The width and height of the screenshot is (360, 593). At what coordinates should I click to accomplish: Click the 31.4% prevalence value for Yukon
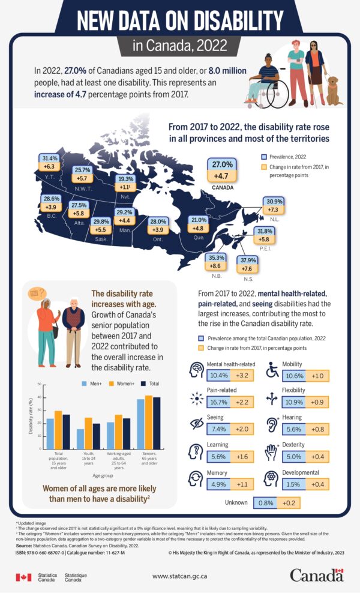[x=50, y=158]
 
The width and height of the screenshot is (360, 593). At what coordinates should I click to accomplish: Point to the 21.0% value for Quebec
[x=199, y=220]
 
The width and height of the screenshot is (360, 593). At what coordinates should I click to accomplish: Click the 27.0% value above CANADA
[x=223, y=165]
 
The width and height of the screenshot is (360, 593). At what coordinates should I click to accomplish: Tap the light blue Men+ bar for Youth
[x=80, y=439]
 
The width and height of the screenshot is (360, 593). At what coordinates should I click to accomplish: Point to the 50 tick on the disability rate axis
[x=39, y=384]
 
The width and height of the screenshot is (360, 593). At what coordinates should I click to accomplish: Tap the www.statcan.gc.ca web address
[x=180, y=576]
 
